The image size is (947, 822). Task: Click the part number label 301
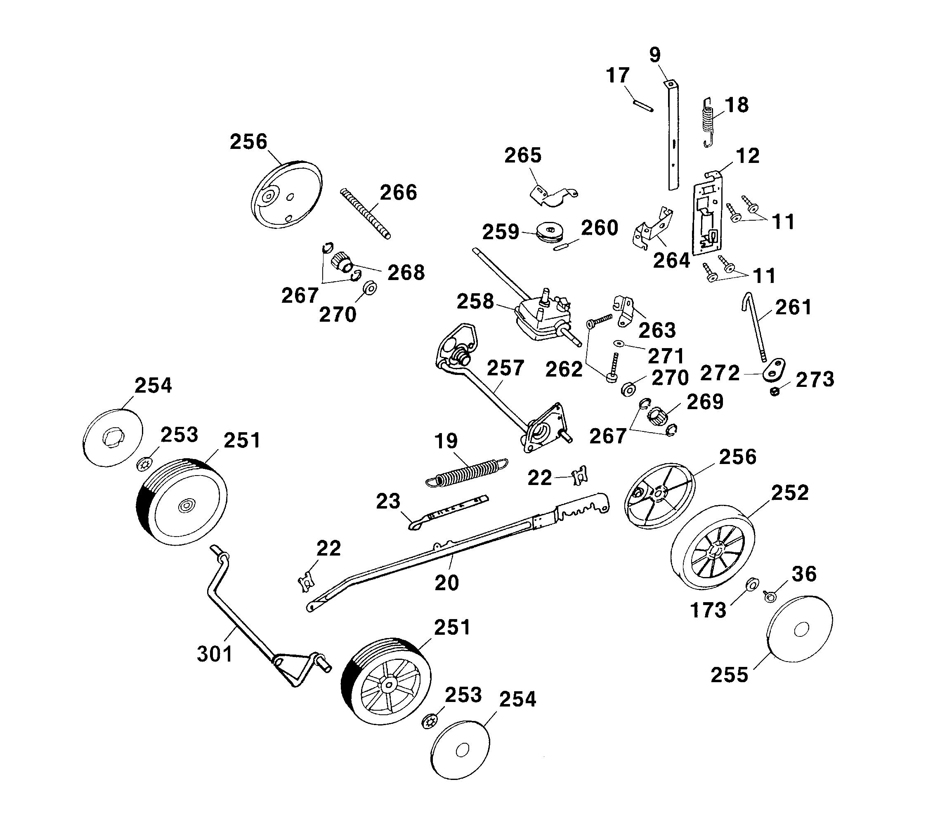click(215, 654)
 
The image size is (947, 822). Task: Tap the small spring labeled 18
click(709, 122)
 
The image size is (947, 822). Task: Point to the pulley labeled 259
click(550, 233)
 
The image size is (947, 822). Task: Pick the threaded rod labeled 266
click(366, 213)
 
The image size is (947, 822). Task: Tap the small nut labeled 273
click(775, 391)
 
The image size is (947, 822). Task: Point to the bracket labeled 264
click(653, 228)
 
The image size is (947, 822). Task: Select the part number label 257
click(505, 367)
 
